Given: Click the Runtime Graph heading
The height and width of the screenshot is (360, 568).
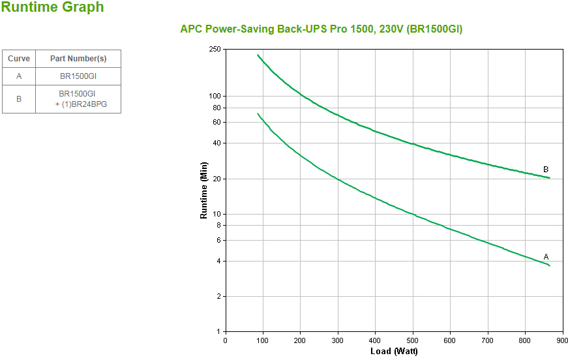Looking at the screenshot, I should click(52, 8).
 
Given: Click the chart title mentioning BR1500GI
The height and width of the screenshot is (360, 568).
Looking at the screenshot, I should click(321, 29).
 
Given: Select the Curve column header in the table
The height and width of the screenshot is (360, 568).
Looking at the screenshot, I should click(19, 59).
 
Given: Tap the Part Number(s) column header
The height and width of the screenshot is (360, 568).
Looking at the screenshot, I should click(78, 59).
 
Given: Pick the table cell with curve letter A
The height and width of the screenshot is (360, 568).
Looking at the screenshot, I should click(19, 76).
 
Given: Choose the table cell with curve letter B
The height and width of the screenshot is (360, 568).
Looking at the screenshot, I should click(19, 99).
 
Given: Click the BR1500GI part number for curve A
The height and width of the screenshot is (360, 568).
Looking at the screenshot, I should click(78, 76).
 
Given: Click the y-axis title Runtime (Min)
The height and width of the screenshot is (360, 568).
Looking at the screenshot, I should click(203, 190).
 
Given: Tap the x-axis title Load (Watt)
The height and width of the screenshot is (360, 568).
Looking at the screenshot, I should click(394, 352).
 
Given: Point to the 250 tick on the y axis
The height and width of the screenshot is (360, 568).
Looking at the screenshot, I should click(215, 50).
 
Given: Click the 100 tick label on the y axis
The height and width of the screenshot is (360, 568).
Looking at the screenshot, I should click(215, 97).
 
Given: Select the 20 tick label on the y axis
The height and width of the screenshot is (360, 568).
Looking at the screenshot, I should click(217, 179).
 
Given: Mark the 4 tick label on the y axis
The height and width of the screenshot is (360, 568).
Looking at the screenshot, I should click(218, 262).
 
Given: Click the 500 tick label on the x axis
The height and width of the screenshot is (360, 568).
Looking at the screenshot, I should click(412, 340).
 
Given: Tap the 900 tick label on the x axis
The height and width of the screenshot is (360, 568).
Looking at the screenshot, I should click(562, 340).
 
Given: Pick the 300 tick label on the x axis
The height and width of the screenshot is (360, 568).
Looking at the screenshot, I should click(337, 340).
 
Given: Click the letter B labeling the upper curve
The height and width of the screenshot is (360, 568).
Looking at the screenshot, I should click(546, 170).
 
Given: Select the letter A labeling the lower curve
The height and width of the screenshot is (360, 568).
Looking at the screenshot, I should click(546, 257).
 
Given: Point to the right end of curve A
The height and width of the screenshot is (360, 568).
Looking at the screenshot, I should click(550, 265).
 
